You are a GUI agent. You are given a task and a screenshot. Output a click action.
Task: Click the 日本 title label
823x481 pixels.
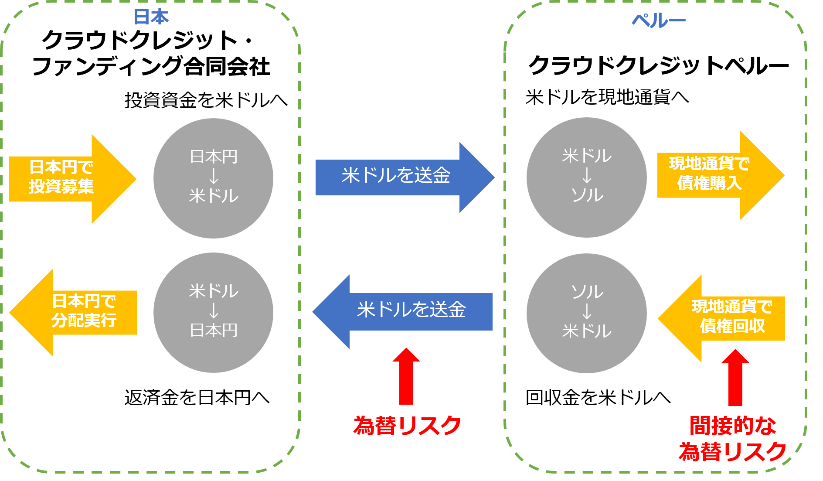coord(151,17)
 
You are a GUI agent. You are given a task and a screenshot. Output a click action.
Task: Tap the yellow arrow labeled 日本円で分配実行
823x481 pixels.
coord(74,312)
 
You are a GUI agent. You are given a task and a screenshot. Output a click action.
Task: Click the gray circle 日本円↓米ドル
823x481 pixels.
coord(213,178)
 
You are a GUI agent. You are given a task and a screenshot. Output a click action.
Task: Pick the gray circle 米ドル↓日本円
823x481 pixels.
coord(213,312)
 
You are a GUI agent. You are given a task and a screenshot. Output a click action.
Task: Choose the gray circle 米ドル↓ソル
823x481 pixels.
coord(586,177)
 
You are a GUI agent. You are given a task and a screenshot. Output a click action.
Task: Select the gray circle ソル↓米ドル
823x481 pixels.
coord(586,313)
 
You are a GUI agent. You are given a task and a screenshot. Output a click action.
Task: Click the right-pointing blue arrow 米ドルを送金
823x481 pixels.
coord(401,177)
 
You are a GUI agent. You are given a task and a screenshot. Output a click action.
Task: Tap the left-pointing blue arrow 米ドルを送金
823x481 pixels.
coord(405,311)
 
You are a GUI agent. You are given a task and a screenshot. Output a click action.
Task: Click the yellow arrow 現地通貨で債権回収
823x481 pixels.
coord(724,318)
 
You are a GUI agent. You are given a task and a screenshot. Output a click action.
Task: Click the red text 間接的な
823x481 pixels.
coord(733,426)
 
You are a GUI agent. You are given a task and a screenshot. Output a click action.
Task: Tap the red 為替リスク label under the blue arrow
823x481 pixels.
coord(407,426)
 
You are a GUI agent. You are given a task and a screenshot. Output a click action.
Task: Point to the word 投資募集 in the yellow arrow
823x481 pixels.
coord(61,187)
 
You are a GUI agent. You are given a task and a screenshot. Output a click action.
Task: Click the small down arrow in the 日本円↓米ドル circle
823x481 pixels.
coord(214,176)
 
